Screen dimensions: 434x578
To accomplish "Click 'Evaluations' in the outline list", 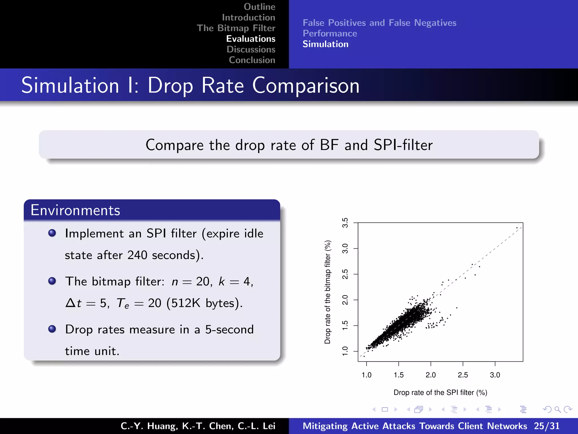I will [251, 39].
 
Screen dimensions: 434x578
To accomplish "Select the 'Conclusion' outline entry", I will [252, 60].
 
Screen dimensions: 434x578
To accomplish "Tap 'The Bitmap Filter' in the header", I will [236, 28].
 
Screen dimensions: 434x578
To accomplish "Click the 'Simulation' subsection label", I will [325, 44].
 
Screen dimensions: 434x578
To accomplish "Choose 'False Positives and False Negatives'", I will [379, 23].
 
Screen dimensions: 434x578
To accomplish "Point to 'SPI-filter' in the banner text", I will [403, 145].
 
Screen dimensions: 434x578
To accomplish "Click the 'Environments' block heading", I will [75, 210].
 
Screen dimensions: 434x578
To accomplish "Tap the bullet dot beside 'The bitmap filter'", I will [52, 281].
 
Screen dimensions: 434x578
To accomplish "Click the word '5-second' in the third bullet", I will [229, 329].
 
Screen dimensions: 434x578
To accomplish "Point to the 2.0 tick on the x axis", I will [431, 375].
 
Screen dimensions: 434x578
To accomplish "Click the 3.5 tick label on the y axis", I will [345, 223].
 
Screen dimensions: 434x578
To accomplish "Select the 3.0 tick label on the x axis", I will [495, 375].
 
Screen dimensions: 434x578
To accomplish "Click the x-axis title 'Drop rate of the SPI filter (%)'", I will [440, 392].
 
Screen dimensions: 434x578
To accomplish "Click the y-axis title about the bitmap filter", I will [327, 292].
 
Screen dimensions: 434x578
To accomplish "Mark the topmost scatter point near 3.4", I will [517, 228].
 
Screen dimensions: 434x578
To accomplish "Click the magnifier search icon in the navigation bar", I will [557, 409].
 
